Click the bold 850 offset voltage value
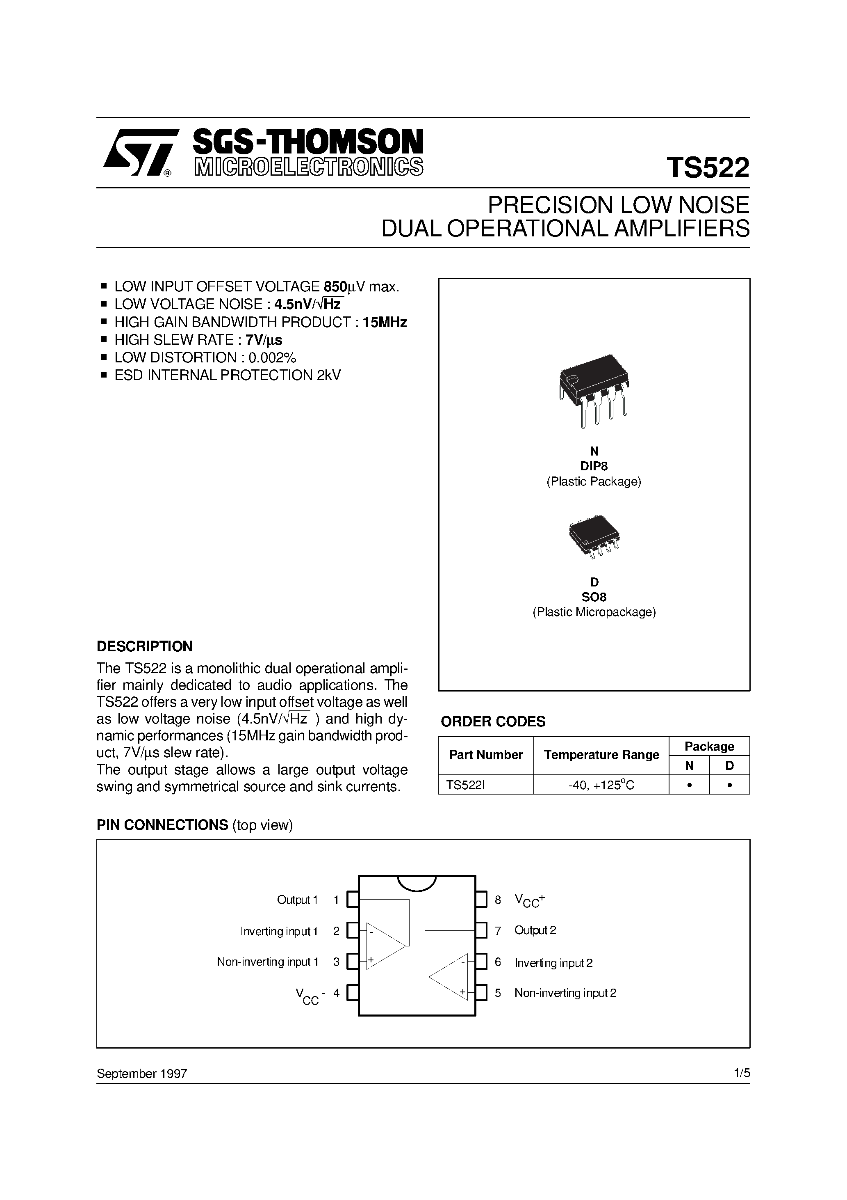tap(335, 287)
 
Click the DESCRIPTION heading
tap(145, 646)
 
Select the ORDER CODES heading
tap(493, 722)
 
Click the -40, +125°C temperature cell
tap(601, 785)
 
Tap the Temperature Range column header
tap(601, 755)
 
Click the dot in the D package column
tap(729, 785)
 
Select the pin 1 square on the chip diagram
tap(353, 900)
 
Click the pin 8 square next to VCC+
tap(481, 900)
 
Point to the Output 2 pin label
tap(535, 930)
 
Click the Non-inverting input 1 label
tap(267, 962)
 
